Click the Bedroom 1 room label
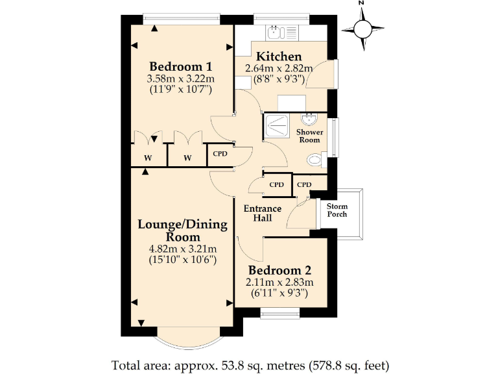[180, 67]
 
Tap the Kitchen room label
[279, 56]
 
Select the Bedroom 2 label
[279, 270]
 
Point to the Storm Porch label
[337, 210]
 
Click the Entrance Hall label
[263, 213]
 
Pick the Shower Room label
[310, 136]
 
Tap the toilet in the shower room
[316, 159]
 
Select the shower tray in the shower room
[277, 126]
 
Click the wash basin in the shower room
[309, 119]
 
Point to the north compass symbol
[362, 29]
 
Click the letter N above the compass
[361, 3]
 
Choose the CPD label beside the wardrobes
[220, 154]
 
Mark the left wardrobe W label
[148, 158]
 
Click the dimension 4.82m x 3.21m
[183, 249]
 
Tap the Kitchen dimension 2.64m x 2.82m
[279, 68]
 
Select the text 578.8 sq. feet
[349, 366]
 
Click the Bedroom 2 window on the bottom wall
[280, 314]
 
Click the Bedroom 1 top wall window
[181, 19]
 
